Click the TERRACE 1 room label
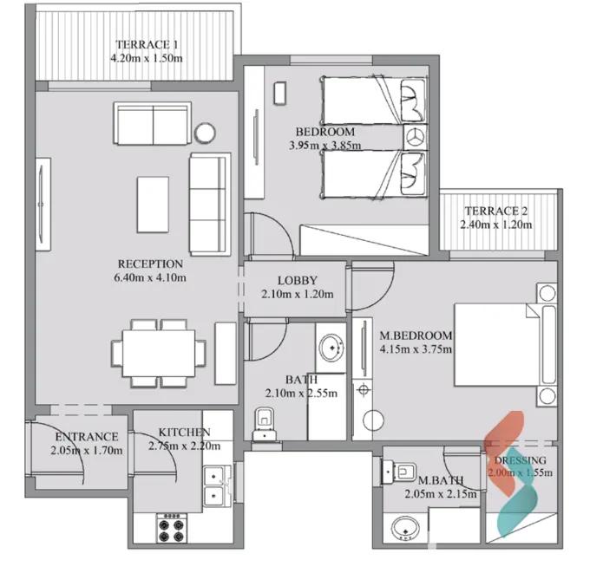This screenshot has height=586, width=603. [147, 44]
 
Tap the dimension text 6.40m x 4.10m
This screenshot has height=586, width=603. [150, 277]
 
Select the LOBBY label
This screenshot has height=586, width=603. [298, 281]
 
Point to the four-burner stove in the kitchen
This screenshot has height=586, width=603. [172, 528]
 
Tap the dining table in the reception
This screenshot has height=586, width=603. [159, 353]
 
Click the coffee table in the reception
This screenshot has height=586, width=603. [153, 205]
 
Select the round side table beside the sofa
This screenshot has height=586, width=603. [205, 133]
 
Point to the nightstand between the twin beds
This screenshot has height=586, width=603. [416, 137]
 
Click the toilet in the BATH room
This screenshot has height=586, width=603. [265, 424]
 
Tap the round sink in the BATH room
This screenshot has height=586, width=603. [331, 348]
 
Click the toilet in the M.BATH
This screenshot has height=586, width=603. [398, 472]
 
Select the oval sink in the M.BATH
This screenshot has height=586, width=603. [405, 528]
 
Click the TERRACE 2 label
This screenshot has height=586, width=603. [496, 211]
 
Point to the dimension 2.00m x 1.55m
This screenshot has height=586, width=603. [520, 472]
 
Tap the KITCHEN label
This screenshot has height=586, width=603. [184, 433]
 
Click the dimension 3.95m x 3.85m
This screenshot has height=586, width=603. [325, 146]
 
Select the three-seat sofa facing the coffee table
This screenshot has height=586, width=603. [210, 204]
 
